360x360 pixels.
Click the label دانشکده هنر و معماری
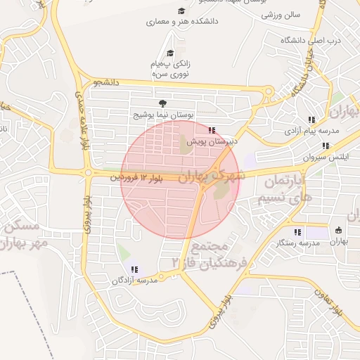click(x=182, y=22)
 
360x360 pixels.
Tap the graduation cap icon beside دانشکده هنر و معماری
click(x=181, y=11)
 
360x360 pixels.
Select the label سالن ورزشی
click(x=281, y=14)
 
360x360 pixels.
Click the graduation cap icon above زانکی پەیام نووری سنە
click(x=169, y=53)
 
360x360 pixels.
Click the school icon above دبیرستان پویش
click(x=212, y=130)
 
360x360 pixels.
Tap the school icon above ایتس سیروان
click(x=325, y=146)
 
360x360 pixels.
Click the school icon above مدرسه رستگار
click(x=297, y=231)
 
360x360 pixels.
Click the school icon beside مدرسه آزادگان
click(x=134, y=269)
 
